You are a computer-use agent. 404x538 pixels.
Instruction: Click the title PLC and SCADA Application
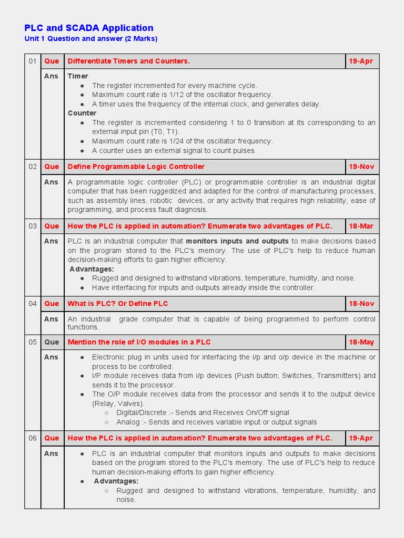tap(89, 28)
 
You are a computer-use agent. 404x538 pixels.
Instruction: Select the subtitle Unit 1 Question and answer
tap(90, 39)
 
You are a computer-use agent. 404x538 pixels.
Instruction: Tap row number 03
tap(33, 226)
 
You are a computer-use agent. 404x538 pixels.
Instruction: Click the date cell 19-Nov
tap(361, 167)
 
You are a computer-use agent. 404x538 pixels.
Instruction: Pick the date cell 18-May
tap(361, 342)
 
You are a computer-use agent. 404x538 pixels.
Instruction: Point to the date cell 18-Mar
tap(361, 226)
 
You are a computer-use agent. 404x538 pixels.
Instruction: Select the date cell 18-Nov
tap(361, 304)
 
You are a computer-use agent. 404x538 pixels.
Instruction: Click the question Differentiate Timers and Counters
tap(128, 61)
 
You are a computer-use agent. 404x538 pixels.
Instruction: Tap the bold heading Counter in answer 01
tap(82, 113)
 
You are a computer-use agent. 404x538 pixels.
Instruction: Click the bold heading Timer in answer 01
tap(78, 76)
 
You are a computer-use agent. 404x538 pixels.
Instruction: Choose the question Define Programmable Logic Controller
tap(136, 167)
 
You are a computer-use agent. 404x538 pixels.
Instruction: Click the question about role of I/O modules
tap(139, 342)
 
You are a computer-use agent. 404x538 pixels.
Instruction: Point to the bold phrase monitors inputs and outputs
tap(237, 241)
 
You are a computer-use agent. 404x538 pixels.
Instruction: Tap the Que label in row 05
tap(52, 342)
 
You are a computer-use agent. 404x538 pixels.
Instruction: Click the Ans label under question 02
tap(51, 182)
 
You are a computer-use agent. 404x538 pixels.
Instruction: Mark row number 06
tap(33, 438)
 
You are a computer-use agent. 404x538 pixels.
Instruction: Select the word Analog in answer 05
tap(128, 422)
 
